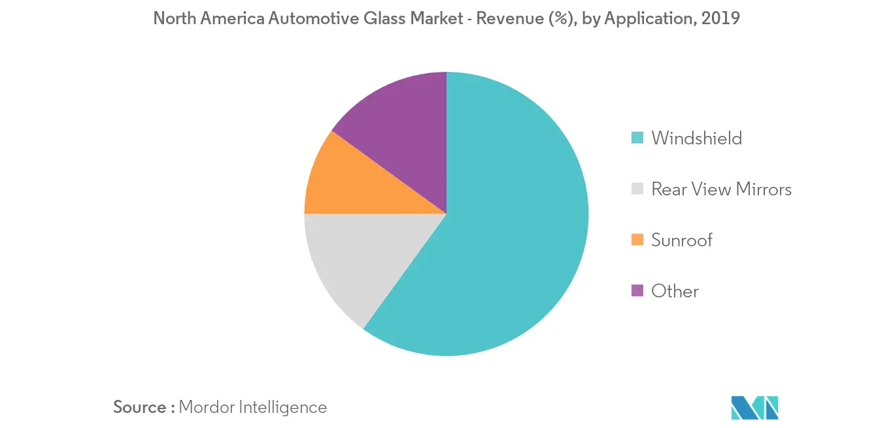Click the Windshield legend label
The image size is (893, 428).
click(696, 138)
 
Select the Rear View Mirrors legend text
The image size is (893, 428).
click(721, 189)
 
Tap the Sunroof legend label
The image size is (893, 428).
click(681, 240)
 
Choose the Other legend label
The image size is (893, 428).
click(675, 291)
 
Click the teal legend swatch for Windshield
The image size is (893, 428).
click(637, 138)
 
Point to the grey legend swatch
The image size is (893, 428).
click(637, 189)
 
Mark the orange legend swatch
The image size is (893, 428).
click(637, 240)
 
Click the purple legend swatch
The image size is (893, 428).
click(637, 291)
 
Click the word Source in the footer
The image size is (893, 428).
click(140, 407)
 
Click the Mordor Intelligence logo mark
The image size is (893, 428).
click(755, 407)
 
